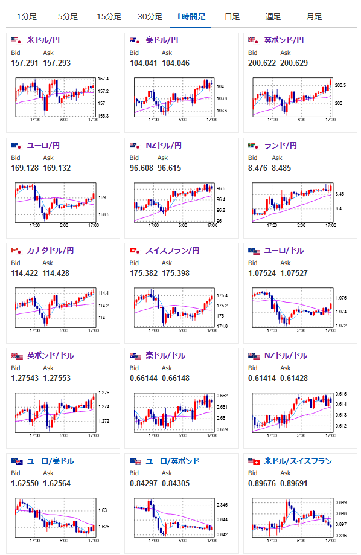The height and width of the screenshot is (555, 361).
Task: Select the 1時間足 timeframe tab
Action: pyautogui.click(x=191, y=17)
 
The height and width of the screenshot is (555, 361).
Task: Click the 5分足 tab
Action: pyautogui.click(x=68, y=17)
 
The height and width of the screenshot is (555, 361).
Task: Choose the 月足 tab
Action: pyautogui.click(x=314, y=17)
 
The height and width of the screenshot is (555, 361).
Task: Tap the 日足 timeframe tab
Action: pyautogui.click(x=232, y=17)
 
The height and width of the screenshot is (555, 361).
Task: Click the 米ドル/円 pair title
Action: pyautogui.click(x=43, y=40)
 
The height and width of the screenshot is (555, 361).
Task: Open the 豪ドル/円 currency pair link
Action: pyautogui.click(x=162, y=40)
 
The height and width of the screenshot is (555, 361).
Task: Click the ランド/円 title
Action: pyautogui.click(x=280, y=146)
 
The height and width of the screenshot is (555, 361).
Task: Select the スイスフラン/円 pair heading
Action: pyautogui.click(x=173, y=251)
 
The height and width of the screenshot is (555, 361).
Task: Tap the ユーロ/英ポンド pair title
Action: pyautogui.click(x=173, y=461)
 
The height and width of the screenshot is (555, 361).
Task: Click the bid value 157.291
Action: pyautogui.click(x=24, y=63)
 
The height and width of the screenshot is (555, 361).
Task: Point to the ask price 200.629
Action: pyautogui.click(x=294, y=63)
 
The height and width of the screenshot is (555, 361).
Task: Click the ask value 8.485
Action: pyautogui.click(x=281, y=168)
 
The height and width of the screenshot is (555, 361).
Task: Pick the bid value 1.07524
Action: pyautogui.click(x=262, y=273)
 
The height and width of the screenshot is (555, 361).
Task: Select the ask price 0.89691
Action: pyautogui.click(x=294, y=484)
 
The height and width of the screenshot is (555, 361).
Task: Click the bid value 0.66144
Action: pyautogui.click(x=143, y=379)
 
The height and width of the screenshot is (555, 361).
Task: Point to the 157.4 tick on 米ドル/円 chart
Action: pyautogui.click(x=103, y=79)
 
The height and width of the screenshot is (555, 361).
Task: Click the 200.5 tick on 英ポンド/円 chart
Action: pyautogui.click(x=340, y=85)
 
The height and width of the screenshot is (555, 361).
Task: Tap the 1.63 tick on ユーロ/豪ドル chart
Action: pyautogui.click(x=103, y=510)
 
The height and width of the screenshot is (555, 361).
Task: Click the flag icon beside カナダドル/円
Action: pyautogui.click(x=16, y=251)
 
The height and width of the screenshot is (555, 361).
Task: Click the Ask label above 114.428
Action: pyautogui.click(x=48, y=263)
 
